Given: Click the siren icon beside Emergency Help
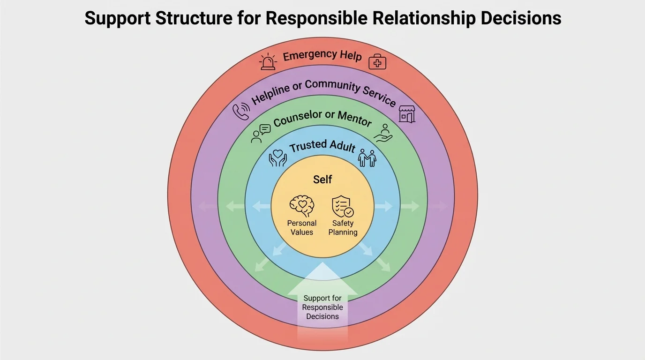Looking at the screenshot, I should [x=268, y=62].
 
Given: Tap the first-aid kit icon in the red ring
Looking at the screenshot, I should [x=377, y=61].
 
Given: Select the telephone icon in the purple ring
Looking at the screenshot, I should [x=241, y=112].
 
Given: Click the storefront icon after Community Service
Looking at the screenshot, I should [x=406, y=114].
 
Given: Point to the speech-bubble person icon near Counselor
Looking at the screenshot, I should [x=261, y=133].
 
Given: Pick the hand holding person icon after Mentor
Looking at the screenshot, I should [x=383, y=133].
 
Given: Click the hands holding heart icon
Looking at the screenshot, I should [x=277, y=158].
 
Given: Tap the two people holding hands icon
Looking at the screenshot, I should [x=367, y=158].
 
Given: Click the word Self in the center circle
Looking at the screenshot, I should [x=322, y=180].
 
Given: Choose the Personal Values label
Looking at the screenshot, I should [x=302, y=228].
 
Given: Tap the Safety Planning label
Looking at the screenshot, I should [x=343, y=228].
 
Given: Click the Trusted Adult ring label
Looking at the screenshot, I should [x=322, y=146].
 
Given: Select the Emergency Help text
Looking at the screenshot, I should [x=322, y=56].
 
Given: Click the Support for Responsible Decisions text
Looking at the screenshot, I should [x=322, y=307].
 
